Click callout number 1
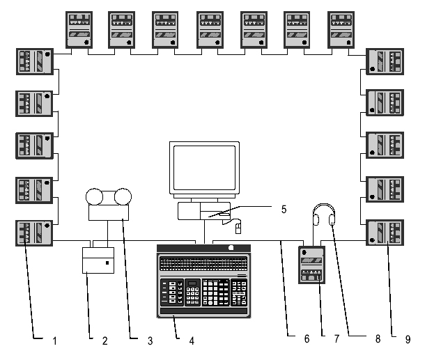point(54,341)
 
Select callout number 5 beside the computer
point(284,210)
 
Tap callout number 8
point(378,339)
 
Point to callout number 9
point(408,340)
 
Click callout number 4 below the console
point(192,341)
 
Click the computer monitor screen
point(204,168)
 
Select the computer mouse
point(238,228)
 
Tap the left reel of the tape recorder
point(95,197)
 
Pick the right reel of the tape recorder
point(123,197)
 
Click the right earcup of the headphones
point(332,219)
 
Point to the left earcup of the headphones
point(316,219)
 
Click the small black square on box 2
point(107,263)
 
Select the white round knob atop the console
point(231,248)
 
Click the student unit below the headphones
point(311,265)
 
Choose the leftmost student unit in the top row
point(79,30)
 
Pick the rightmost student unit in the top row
point(341,30)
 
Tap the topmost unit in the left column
point(35,61)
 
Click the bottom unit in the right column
point(385,233)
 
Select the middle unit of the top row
point(210,30)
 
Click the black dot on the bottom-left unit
point(47,226)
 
